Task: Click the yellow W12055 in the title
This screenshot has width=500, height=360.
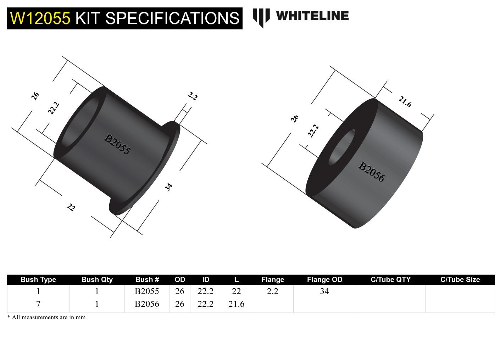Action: pos(40,18)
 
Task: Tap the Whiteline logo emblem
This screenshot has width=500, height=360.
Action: pos(261,17)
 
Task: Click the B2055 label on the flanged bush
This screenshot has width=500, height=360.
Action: pos(117,144)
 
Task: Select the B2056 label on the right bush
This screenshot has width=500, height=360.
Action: pos(371,171)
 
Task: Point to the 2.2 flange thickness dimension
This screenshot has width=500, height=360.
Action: pos(192,96)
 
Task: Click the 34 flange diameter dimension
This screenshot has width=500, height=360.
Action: pos(168,187)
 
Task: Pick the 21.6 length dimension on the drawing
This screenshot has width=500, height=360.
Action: pos(405,102)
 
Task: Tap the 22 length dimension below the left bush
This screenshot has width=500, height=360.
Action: pos(71,207)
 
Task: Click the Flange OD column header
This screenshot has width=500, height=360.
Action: pos(324,280)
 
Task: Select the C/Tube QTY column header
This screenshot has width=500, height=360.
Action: pos(390,280)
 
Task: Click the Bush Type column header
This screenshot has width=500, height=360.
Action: pos(38,280)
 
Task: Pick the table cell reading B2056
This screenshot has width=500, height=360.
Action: pos(147,304)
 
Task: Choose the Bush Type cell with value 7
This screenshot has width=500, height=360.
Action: pos(38,304)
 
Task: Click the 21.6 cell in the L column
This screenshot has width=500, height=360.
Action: pos(236,304)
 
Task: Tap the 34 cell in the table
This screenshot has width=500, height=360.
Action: pos(324,291)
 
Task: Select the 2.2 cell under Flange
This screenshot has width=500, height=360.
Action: pos(272,291)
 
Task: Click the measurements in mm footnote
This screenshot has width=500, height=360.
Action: pos(46,317)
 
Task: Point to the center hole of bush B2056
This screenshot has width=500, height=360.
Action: pos(341,147)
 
